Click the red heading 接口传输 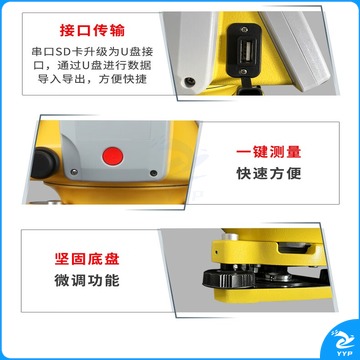pyautogui.click(x=92, y=31)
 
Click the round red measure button pyautogui.click(x=113, y=156)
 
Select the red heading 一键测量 pyautogui.click(x=269, y=152)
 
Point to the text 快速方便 pyautogui.click(x=269, y=173)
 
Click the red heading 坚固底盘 pyautogui.click(x=87, y=259)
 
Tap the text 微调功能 pyautogui.click(x=87, y=280)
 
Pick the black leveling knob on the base pyautogui.click(x=229, y=279)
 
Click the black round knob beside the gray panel pyautogui.click(x=45, y=163)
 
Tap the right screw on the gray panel pyautogui.click(x=153, y=173)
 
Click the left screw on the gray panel pyautogui.click(x=75, y=172)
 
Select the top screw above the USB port pyautogui.click(x=244, y=30)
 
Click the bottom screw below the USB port pyautogui.click(x=244, y=71)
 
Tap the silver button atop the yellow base pyautogui.click(x=230, y=237)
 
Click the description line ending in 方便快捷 pyautogui.click(x=92, y=79)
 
